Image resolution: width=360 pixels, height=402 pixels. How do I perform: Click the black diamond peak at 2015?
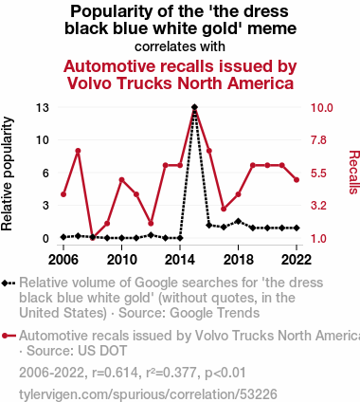[x=194, y=107]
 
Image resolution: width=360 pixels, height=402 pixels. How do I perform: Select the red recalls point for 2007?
[x=78, y=151]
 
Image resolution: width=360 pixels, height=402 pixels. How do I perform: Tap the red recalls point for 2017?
[x=224, y=209]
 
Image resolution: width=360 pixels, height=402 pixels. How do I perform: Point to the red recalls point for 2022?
[x=297, y=180]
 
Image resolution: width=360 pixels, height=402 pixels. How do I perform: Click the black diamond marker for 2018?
[x=238, y=221]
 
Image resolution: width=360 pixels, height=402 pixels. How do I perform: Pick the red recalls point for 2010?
[x=121, y=180]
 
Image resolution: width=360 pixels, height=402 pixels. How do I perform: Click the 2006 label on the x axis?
[x=63, y=260]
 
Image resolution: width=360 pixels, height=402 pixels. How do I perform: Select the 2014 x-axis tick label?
[x=180, y=260]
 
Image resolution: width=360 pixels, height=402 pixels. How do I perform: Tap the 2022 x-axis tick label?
[x=297, y=260]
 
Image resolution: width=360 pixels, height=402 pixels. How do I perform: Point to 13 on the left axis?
[x=43, y=108]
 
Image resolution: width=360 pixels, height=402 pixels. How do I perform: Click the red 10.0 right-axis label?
[x=322, y=108]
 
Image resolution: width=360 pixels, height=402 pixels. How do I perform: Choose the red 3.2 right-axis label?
[x=318, y=206]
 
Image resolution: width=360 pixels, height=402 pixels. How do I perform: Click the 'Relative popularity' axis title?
[x=7, y=174]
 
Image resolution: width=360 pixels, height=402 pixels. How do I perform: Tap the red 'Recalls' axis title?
[x=353, y=173]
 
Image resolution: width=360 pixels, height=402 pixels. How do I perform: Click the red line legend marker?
[x=9, y=336]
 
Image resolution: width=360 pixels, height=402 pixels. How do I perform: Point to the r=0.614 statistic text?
[x=115, y=373]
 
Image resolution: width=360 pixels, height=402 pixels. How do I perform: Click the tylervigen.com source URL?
[x=148, y=394]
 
